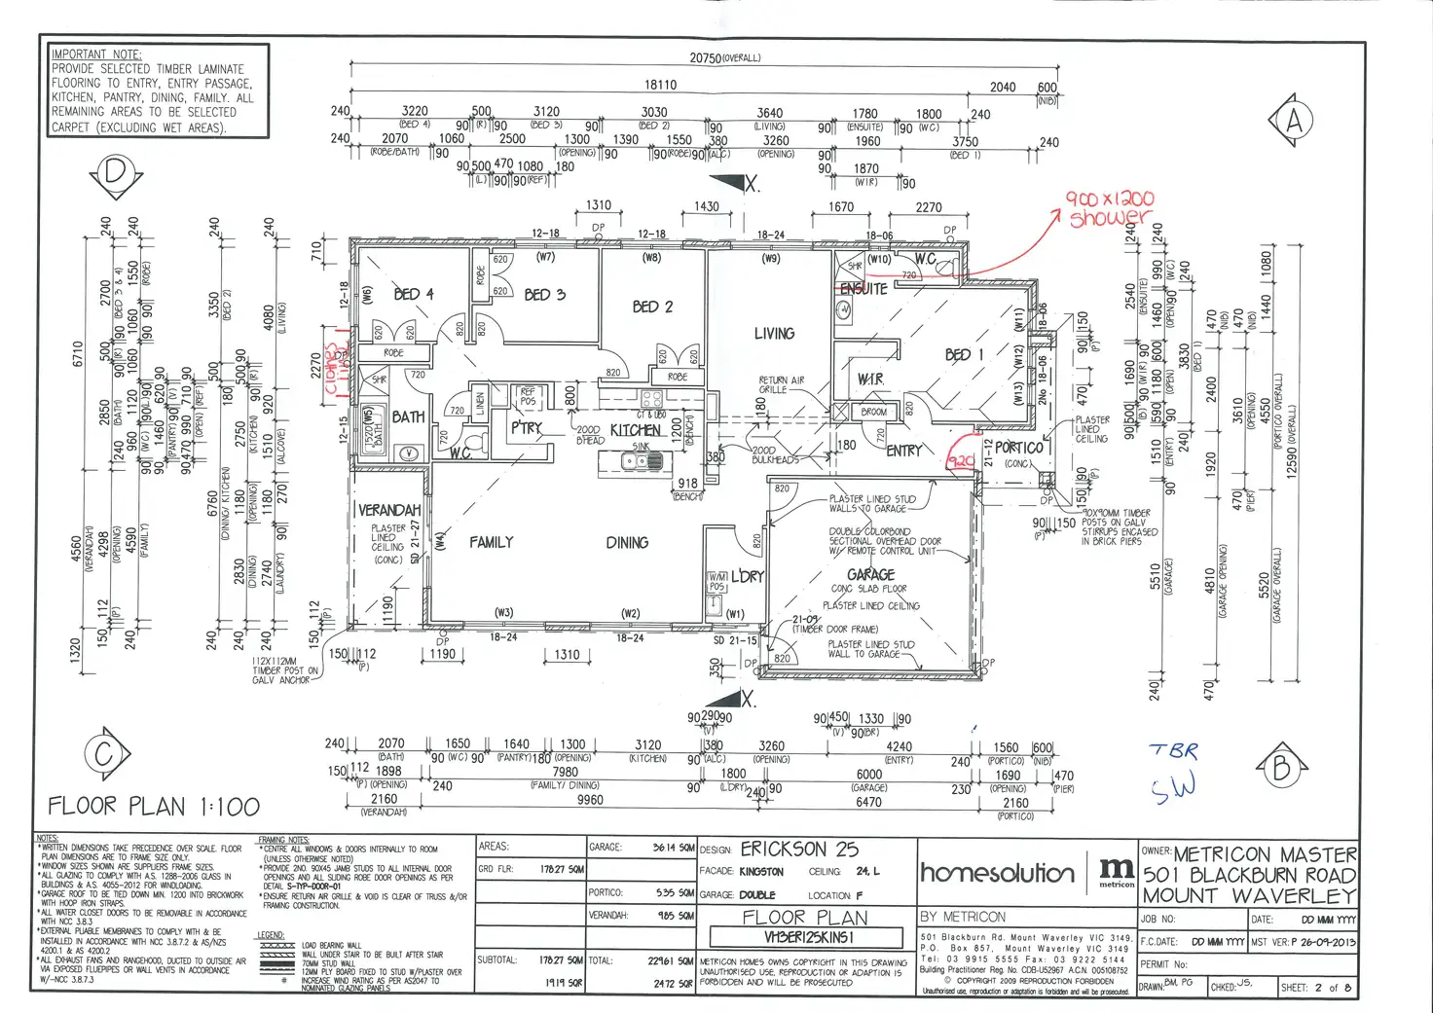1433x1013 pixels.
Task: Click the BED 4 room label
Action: click(x=413, y=294)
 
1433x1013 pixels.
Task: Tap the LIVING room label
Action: click(x=774, y=334)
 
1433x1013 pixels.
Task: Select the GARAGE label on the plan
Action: click(x=870, y=575)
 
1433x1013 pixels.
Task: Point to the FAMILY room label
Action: click(x=491, y=542)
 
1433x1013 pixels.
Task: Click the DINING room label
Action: click(x=627, y=543)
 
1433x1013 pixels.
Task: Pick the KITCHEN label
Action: click(x=635, y=430)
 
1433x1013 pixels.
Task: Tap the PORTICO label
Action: click(x=1018, y=448)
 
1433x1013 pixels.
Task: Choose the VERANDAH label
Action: click(x=389, y=510)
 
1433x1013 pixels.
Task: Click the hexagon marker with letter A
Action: click(x=1293, y=121)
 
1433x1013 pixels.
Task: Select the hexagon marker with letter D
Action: click(x=116, y=173)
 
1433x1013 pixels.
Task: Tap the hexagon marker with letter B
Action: click(x=1281, y=769)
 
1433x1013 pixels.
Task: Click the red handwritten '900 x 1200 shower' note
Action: click(x=1110, y=208)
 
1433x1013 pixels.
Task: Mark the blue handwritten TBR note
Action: click(x=1174, y=750)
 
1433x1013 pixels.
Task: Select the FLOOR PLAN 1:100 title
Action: click(x=154, y=806)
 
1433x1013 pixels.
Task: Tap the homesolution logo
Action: click(x=998, y=872)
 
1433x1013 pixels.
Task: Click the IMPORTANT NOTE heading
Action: click(x=96, y=54)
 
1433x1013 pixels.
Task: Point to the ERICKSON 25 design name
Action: click(x=799, y=849)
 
